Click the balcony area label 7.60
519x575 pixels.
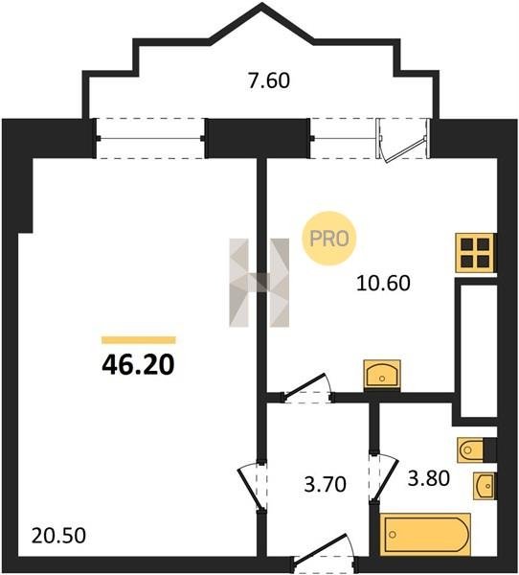(x=269, y=80)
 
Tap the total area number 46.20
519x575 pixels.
(x=138, y=366)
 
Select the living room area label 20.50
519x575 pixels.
(x=58, y=536)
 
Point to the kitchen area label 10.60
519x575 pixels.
(x=383, y=284)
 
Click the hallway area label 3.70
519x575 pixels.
(x=326, y=484)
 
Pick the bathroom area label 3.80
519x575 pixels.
(x=429, y=478)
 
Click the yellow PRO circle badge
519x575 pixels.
(x=328, y=239)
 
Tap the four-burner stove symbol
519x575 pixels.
(x=475, y=253)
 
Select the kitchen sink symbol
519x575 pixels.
(x=382, y=375)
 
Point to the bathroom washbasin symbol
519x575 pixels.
(x=484, y=486)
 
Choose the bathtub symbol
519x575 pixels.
(x=425, y=535)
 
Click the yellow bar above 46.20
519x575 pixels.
(x=139, y=340)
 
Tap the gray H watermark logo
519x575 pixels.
(x=259, y=283)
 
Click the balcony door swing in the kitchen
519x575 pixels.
(x=403, y=139)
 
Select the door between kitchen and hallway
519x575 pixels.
(x=307, y=389)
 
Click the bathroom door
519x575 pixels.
(x=383, y=476)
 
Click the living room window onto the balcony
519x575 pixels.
(x=150, y=138)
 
